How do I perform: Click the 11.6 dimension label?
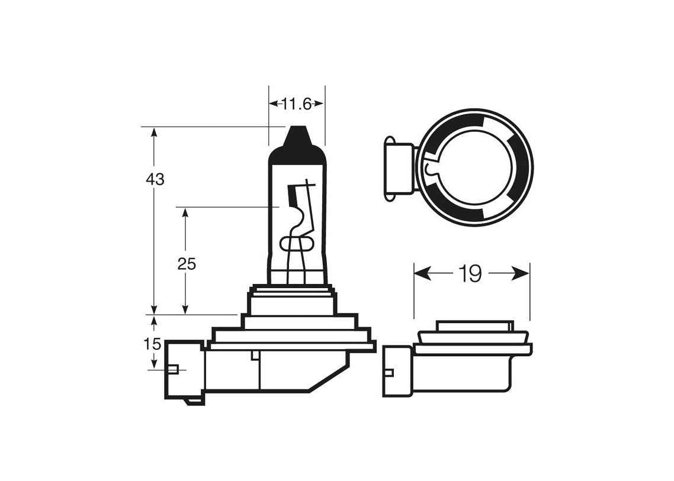297,104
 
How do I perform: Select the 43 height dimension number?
155,179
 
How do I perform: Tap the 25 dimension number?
187,264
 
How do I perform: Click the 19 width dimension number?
470,273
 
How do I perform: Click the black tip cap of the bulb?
297,140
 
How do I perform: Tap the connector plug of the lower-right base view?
397,370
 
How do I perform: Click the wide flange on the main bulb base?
293,346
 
